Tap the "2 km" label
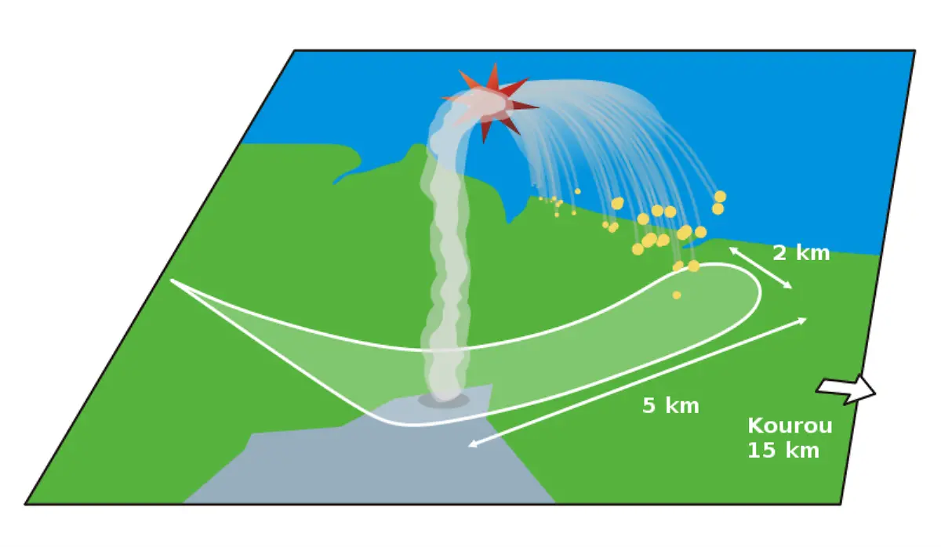[801, 253]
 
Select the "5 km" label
[670, 406]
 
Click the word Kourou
[789, 426]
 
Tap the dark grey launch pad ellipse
[443, 400]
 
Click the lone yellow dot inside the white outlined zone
[677, 295]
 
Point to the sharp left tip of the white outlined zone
[173, 281]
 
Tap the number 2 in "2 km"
[779, 253]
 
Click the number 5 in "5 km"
[649, 406]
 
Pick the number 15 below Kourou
[759, 451]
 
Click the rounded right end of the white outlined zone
[758, 292]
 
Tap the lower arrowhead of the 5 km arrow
[471, 445]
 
